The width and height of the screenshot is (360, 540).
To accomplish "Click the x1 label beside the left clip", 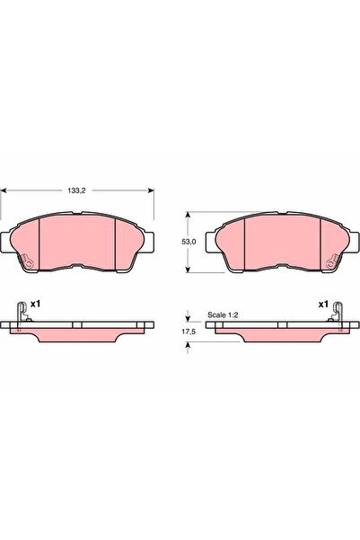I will pos(35,305).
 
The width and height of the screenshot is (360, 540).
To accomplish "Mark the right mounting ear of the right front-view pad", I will pos(348,240).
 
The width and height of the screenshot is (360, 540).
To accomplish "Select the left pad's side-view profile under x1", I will pos(79,330).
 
